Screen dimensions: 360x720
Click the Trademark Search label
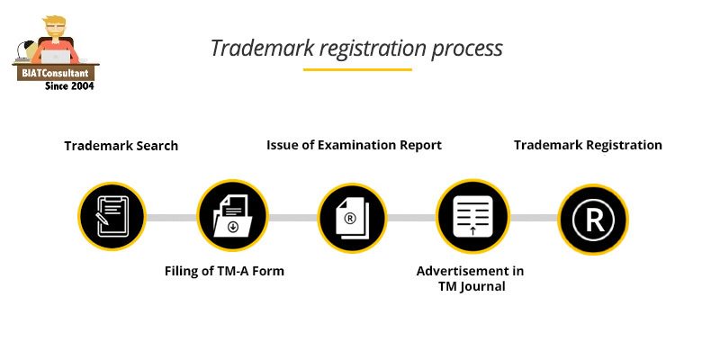tap(121, 146)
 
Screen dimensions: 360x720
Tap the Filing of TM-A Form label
tap(224, 271)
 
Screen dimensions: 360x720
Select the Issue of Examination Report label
tap(354, 145)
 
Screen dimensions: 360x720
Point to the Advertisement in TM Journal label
tap(470, 278)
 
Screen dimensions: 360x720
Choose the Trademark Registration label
tap(588, 145)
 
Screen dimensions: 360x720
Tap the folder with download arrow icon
tap(232, 216)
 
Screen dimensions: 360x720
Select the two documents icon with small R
tap(352, 217)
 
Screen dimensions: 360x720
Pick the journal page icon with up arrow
tap(472, 217)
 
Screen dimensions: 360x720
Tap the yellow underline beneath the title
tap(357, 69)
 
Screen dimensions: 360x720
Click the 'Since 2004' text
tap(69, 85)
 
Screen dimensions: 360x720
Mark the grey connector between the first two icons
tap(172, 218)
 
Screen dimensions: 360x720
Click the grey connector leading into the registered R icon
tap(533, 218)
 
